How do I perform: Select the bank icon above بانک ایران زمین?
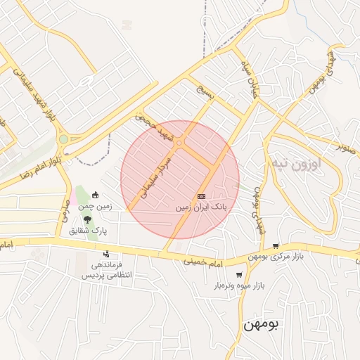pyautogui.click(x=201, y=196)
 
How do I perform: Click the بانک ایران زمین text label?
pyautogui.click(x=202, y=208)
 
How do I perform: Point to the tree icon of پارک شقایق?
pyautogui.click(x=87, y=219)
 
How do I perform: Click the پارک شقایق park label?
pyautogui.click(x=88, y=231)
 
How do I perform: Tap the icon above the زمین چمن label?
pyautogui.click(x=96, y=195)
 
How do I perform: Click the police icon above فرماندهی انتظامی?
pyautogui.click(x=106, y=254)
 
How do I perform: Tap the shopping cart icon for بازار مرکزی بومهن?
pyautogui.click(x=276, y=246)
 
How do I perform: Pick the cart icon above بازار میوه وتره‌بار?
pyautogui.click(x=239, y=275)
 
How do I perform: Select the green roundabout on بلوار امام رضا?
pyautogui.click(x=63, y=139)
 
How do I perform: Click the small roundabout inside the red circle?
pyautogui.click(x=179, y=143)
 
